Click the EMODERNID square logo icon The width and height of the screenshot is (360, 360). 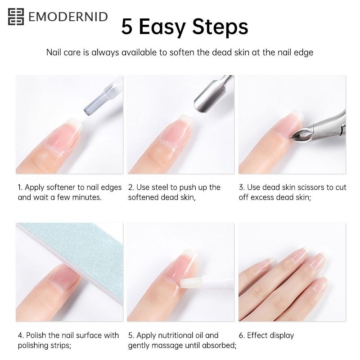(16, 17)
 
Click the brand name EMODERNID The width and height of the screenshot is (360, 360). (68, 17)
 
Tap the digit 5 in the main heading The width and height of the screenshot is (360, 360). (127, 27)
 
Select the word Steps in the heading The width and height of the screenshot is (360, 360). (220, 27)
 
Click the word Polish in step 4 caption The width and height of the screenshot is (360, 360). (36, 335)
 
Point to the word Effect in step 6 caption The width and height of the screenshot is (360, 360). (255, 335)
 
